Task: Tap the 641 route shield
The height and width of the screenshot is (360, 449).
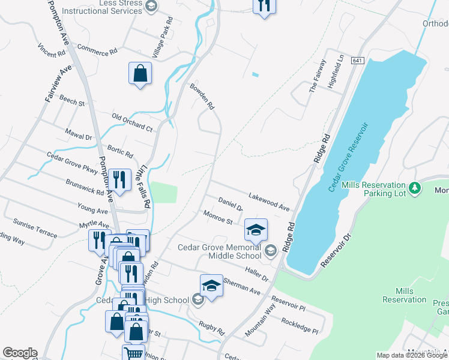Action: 358,61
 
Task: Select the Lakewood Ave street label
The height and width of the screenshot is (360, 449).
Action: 269,202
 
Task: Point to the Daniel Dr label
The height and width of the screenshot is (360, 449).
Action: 230,204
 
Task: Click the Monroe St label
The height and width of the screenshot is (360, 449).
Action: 218,217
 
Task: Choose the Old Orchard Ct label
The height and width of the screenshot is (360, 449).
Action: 133,122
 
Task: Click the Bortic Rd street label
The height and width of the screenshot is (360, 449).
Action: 119,148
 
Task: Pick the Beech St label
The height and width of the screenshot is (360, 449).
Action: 73,102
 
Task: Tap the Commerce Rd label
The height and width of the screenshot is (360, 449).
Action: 97,50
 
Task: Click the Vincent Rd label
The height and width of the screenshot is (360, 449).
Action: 51,50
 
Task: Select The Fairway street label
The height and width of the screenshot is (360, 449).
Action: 318,76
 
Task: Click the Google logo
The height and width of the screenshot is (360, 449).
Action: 20,353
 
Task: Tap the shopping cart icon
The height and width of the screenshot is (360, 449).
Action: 133,353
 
